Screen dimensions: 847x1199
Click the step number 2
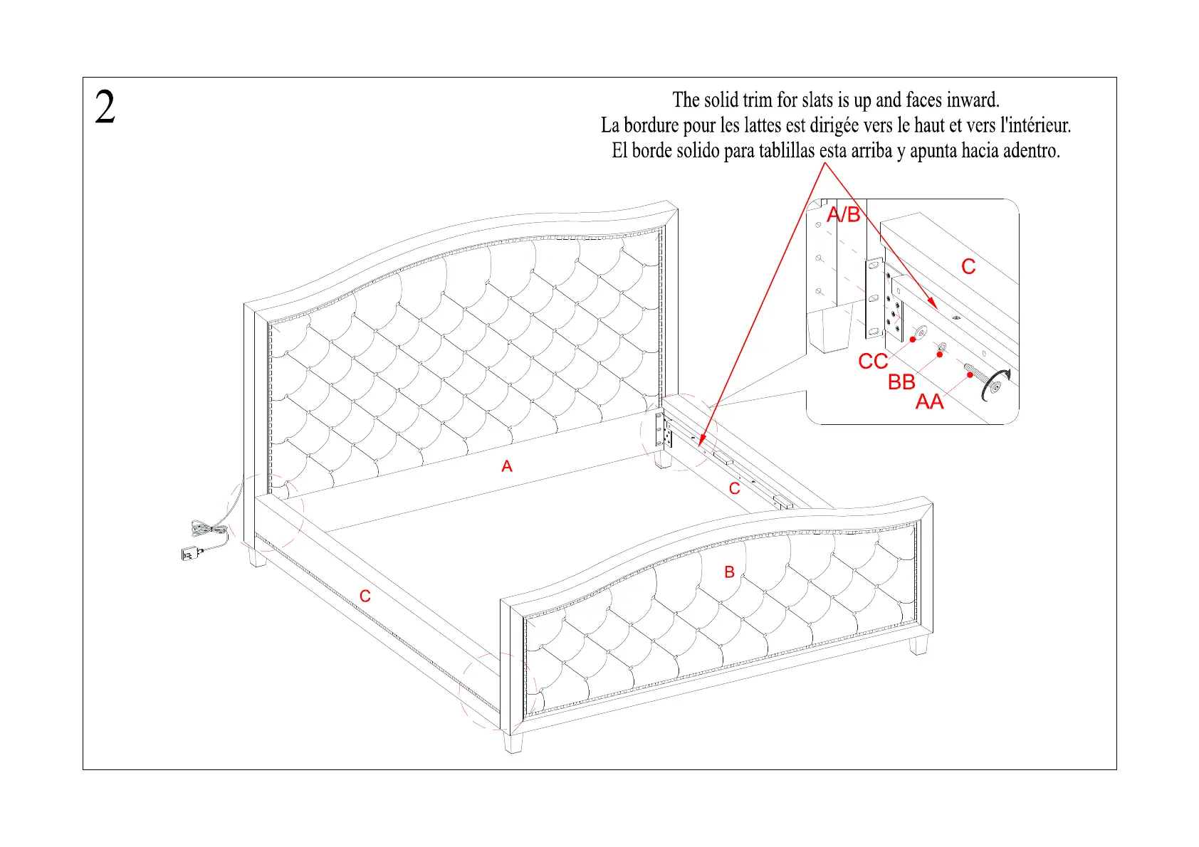105,108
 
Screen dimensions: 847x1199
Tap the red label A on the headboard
507,466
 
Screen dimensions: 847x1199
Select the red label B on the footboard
729,572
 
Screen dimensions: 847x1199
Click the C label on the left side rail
365,596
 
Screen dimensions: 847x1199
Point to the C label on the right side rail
735,489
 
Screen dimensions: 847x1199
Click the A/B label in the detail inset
844,214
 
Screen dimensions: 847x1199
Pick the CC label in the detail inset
873,362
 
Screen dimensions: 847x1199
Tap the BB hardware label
901,382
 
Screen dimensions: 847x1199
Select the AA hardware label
929,402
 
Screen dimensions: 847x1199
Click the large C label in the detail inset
968,267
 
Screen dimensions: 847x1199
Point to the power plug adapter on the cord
190,553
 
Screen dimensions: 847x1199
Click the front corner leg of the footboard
513,742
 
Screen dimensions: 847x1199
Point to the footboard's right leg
918,645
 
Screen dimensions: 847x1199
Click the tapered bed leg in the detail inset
829,332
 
